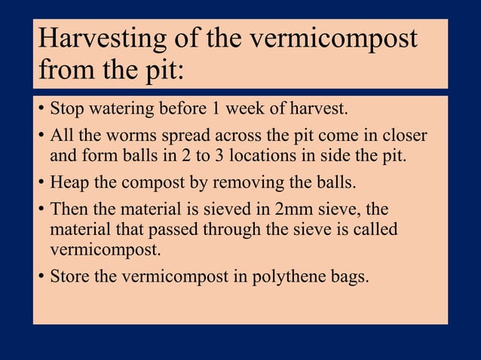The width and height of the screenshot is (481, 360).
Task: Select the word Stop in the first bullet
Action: click(x=66, y=110)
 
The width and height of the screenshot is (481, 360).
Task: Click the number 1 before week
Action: click(x=216, y=110)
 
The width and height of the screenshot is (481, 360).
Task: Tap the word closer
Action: click(x=403, y=138)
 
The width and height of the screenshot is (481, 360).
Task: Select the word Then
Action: click(x=68, y=210)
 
